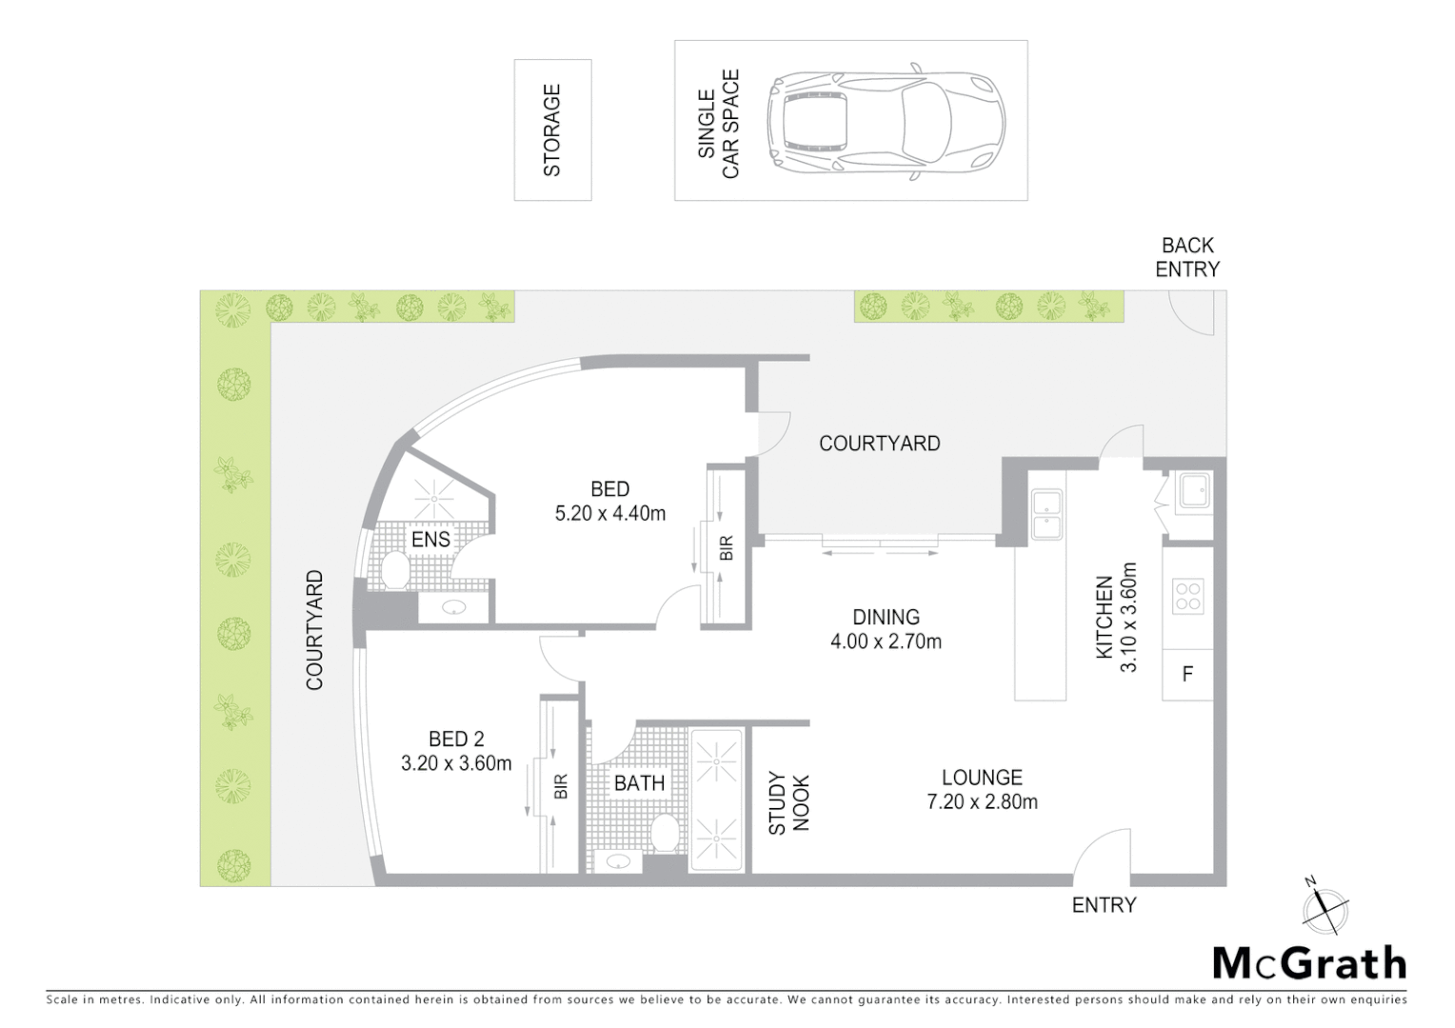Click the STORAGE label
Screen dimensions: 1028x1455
(552, 130)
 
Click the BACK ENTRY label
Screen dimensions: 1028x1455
(1186, 258)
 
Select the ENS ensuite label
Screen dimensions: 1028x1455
(430, 540)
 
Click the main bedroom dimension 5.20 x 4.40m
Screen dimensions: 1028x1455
(609, 514)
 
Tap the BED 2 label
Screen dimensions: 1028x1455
(456, 739)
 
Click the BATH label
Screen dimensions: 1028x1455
(639, 783)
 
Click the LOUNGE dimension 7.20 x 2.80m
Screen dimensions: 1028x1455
(982, 802)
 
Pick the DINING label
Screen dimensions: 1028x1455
(886, 617)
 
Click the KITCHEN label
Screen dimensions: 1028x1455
(1105, 617)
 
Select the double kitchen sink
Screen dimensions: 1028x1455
(1047, 514)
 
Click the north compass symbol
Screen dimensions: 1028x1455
(1325, 905)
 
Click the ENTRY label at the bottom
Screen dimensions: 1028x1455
(1104, 905)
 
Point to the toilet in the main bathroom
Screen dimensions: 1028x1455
(666, 832)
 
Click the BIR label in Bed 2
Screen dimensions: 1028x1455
(561, 786)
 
